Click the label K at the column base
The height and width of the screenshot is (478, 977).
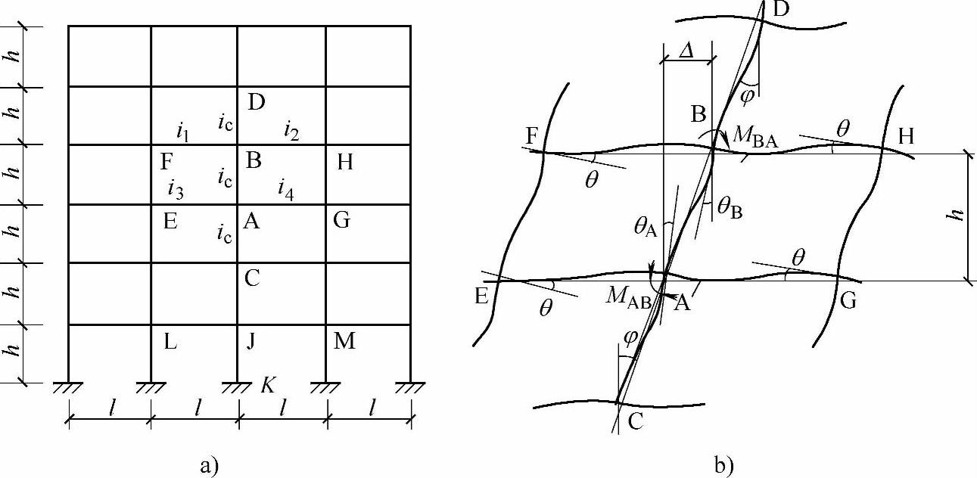coord(268,385)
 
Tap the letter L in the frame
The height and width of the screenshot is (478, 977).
coord(170,342)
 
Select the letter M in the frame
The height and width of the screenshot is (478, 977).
coord(344,341)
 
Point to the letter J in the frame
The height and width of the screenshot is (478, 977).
coord(250,341)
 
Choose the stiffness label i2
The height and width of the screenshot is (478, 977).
coord(291,130)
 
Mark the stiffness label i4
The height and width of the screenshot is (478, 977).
coord(286,190)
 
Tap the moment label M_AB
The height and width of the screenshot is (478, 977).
coord(628,297)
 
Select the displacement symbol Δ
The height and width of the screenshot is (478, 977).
coord(686,51)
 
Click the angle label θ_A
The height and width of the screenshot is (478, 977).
coord(646,227)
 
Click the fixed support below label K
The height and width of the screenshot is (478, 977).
coord(237,388)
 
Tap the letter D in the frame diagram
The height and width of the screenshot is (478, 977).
coord(256,103)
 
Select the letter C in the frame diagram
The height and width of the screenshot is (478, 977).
coord(252,278)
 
